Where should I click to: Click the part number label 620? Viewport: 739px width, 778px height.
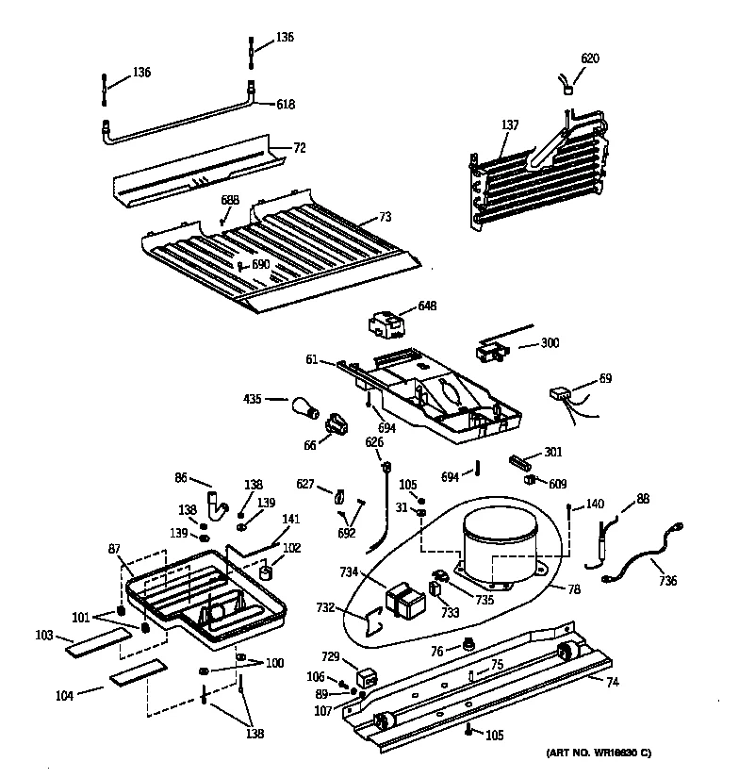point(589,58)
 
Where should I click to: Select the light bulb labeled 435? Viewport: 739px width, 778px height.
point(304,407)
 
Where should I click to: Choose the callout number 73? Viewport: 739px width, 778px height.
point(385,217)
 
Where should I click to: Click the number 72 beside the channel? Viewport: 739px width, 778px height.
point(300,148)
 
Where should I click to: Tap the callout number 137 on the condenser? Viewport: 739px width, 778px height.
point(510,124)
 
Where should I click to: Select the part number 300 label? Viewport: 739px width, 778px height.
point(549,342)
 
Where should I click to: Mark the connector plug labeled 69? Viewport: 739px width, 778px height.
point(563,395)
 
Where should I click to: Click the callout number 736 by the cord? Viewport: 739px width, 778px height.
point(666,580)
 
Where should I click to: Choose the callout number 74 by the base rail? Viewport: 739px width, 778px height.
point(612,682)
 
